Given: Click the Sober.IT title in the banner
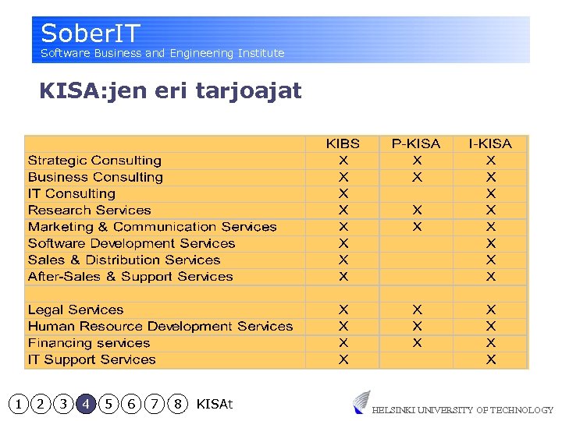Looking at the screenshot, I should click(x=91, y=34).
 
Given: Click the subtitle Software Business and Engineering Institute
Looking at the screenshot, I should click(x=162, y=53).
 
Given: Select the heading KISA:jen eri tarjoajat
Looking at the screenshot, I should click(x=170, y=91).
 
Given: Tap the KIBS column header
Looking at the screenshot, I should click(x=343, y=143).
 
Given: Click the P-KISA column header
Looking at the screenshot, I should click(x=416, y=143).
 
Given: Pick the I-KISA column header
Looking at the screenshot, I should click(x=490, y=143).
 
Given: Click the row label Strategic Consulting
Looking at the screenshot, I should click(x=94, y=161).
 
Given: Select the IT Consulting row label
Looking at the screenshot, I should click(x=71, y=193).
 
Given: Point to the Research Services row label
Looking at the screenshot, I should click(x=89, y=210).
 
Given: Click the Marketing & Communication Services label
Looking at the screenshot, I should click(x=152, y=227).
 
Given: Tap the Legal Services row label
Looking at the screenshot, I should click(x=76, y=310).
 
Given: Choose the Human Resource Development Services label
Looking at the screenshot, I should click(x=160, y=327).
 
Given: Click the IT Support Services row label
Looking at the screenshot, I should click(x=91, y=359).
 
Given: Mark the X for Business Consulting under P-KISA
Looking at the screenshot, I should click(x=417, y=177).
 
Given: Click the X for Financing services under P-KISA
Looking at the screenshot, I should click(x=417, y=343).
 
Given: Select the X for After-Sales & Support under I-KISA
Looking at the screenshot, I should click(x=490, y=277).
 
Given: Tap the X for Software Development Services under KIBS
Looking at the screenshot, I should click(x=343, y=243).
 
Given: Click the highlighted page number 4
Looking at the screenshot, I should click(x=86, y=404).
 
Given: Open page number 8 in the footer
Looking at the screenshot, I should click(x=178, y=404).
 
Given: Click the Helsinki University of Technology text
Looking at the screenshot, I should click(x=462, y=410).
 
